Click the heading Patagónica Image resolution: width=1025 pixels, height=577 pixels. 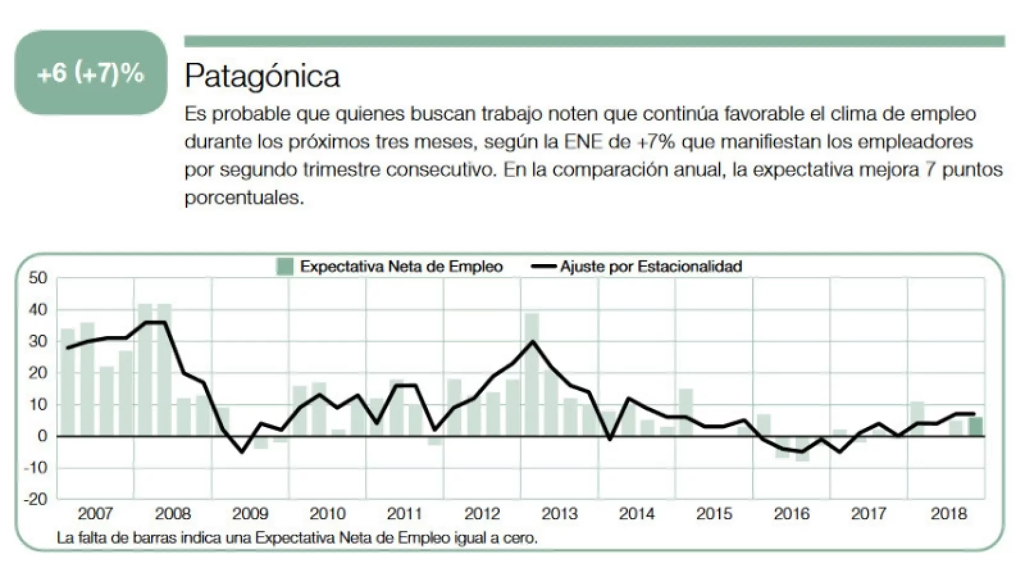262,76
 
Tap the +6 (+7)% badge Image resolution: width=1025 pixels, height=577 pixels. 90,73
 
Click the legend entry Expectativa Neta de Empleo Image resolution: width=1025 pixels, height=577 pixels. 401,266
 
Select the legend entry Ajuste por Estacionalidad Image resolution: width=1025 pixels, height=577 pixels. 650,266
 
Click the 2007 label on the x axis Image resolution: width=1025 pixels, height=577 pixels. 95,514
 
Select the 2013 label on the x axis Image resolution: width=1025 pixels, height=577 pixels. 559,514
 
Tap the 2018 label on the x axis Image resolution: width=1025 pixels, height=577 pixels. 948,514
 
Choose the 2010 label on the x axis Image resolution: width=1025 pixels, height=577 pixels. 327,514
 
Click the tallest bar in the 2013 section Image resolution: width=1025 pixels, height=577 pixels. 532,375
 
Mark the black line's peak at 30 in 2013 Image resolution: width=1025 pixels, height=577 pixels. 532,341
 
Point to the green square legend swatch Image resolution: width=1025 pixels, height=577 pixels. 284,266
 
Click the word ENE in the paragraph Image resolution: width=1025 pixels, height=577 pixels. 582,142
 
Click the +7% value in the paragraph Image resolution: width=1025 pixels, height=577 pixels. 656,142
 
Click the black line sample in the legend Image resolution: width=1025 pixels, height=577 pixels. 544,267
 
